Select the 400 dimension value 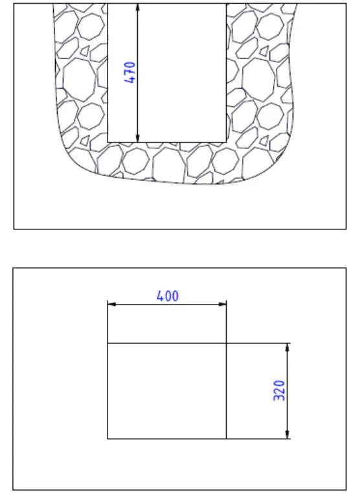click(x=168, y=296)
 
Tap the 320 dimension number click(x=279, y=391)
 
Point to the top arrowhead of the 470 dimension click(x=138, y=8)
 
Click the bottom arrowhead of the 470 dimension click(x=138, y=137)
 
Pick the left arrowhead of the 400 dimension click(x=111, y=303)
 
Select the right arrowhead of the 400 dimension click(x=222, y=303)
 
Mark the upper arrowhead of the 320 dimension click(x=287, y=347)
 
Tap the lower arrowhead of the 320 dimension click(x=287, y=434)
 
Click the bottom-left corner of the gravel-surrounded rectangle click(x=107, y=141)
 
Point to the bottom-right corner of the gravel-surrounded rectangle click(x=227, y=141)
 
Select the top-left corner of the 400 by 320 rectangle click(x=107, y=343)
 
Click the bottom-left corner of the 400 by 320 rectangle click(x=107, y=439)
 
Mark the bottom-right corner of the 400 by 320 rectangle click(x=227, y=439)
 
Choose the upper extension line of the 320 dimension click(x=259, y=343)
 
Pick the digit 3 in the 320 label click(x=279, y=399)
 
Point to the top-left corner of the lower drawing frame click(x=14, y=268)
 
